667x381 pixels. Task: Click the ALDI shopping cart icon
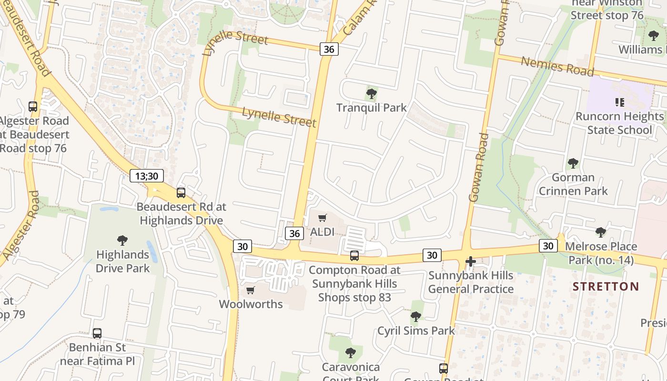(323, 218)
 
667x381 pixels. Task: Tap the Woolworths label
(251, 304)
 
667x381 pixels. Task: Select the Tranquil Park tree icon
(372, 94)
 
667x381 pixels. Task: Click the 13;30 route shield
(147, 176)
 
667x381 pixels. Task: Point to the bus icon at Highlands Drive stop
(181, 193)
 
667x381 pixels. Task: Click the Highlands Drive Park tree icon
(122, 241)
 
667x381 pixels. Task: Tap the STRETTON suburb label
(606, 286)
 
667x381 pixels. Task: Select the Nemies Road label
(557, 66)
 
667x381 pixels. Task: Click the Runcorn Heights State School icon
(619, 102)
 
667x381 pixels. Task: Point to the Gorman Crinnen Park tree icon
(573, 163)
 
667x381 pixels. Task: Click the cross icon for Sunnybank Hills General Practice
(471, 261)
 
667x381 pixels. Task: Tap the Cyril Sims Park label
(416, 331)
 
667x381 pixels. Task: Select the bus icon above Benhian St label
(97, 333)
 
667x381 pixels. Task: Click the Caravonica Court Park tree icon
(351, 353)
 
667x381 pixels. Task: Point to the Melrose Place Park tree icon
(601, 232)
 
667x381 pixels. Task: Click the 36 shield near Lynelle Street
(329, 49)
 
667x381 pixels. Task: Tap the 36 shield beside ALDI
(294, 233)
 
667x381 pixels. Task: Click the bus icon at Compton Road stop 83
(354, 256)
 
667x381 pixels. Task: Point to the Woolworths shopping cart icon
(251, 290)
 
